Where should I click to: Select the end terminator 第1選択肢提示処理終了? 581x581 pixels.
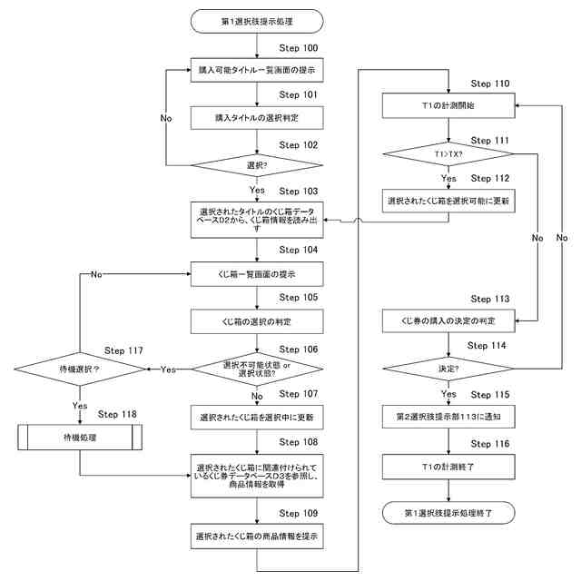point(449,514)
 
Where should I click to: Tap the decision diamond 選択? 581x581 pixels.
point(259,166)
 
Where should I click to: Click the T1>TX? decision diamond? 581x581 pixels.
point(449,153)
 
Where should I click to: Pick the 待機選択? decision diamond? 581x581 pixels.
point(80,369)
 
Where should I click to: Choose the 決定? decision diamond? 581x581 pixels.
point(449,369)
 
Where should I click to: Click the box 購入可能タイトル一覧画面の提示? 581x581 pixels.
point(259,70)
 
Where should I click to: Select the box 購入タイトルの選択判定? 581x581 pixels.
point(259,118)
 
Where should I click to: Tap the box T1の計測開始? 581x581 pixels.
point(449,106)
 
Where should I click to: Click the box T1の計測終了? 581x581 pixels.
point(449,466)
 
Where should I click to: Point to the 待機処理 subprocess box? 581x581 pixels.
point(80,438)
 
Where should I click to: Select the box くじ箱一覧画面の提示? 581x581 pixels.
point(259,273)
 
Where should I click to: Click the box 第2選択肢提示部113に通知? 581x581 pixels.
point(449,418)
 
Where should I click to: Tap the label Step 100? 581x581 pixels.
point(298,46)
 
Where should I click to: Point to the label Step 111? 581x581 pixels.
point(490,141)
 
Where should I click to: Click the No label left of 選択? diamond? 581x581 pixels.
point(167,119)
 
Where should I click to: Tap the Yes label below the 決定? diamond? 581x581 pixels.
point(448,394)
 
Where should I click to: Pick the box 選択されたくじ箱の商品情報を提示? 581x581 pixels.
point(259,537)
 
